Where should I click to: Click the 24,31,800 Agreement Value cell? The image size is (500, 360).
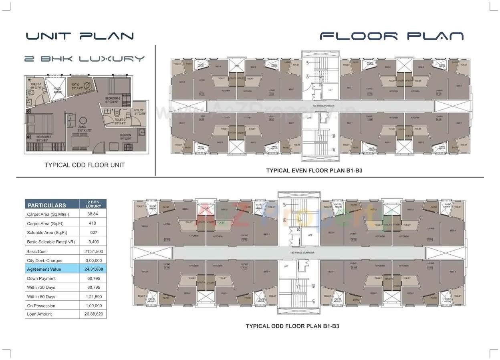click(x=93, y=269)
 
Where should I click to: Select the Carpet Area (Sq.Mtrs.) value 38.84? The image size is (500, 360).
click(x=93, y=214)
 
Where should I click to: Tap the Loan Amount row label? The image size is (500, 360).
click(x=39, y=314)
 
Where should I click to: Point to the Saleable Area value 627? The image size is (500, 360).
click(x=93, y=233)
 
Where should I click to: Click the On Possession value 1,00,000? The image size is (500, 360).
click(x=93, y=306)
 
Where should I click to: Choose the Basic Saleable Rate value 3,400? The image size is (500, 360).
click(x=93, y=242)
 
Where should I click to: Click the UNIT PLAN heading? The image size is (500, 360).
click(x=80, y=36)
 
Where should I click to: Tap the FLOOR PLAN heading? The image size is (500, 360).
click(x=391, y=36)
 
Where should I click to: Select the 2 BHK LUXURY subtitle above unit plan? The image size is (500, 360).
click(x=84, y=59)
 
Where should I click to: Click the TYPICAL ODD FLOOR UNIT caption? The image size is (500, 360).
click(x=85, y=165)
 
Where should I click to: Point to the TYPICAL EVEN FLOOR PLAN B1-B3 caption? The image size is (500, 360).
click(x=314, y=171)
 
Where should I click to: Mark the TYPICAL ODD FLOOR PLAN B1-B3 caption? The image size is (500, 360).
click(x=292, y=326)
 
